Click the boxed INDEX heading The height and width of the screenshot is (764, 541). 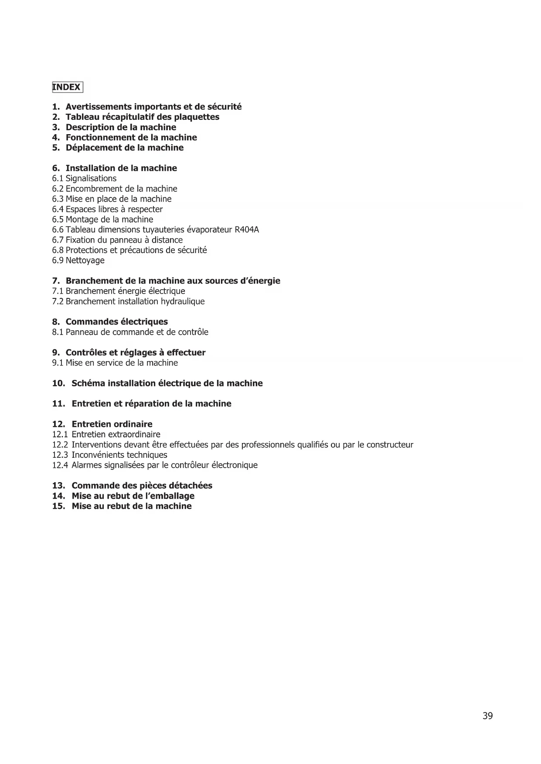67,87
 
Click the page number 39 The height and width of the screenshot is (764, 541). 487,716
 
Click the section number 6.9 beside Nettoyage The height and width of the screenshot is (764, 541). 58,260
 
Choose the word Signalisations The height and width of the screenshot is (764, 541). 91,179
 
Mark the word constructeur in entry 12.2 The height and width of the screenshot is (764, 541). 390,445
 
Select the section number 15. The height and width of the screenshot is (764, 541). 58,506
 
